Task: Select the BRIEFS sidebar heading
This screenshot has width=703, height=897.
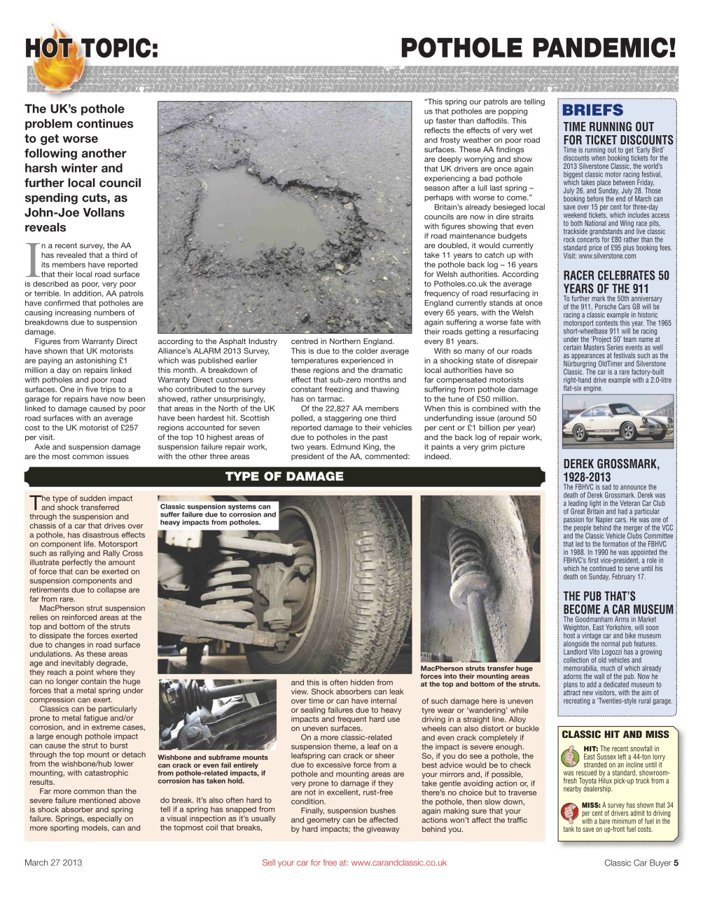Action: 592,110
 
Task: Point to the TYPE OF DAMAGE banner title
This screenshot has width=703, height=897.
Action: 284,477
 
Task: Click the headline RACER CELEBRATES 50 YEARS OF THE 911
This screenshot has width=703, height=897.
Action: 616,282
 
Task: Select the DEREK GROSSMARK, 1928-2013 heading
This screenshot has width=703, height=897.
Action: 611,470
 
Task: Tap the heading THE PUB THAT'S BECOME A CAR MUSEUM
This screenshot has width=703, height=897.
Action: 618,603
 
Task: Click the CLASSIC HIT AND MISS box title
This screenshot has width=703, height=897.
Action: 615,734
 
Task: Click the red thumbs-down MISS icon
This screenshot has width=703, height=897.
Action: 571,812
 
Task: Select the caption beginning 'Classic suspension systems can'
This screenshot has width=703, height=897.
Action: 218,514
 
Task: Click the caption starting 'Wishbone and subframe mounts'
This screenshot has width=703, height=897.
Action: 213,769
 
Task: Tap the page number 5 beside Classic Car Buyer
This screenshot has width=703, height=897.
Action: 676,863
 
